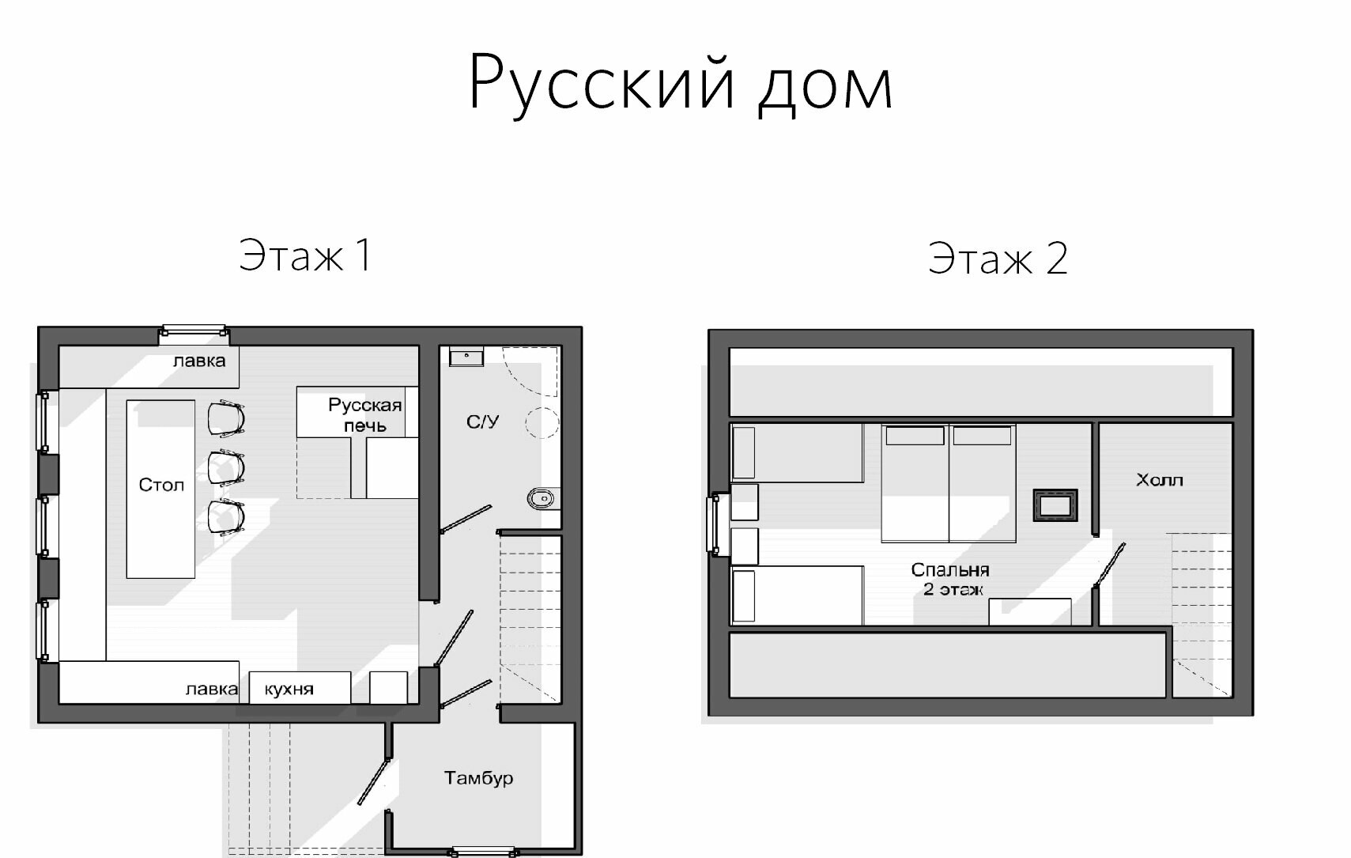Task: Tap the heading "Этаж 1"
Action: (x=305, y=255)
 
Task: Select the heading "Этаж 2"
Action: (x=998, y=259)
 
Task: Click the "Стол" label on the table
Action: (x=161, y=485)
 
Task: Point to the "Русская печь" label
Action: (x=364, y=415)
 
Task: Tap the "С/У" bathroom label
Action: (x=482, y=421)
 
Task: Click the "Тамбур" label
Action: (x=478, y=778)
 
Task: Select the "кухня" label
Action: (x=289, y=690)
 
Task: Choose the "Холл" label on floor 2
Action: (x=1159, y=480)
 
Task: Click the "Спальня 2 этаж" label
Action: (x=951, y=579)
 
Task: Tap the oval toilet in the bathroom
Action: (x=542, y=498)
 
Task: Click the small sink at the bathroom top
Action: (x=466, y=357)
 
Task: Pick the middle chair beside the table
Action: (x=226, y=467)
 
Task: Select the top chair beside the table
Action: (x=226, y=418)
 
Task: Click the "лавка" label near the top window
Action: (x=199, y=361)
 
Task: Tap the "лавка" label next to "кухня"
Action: (x=211, y=690)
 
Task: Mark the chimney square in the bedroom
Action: (x=1055, y=505)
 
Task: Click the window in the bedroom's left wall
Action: (x=719, y=523)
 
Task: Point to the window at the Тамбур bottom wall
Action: (x=482, y=852)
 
